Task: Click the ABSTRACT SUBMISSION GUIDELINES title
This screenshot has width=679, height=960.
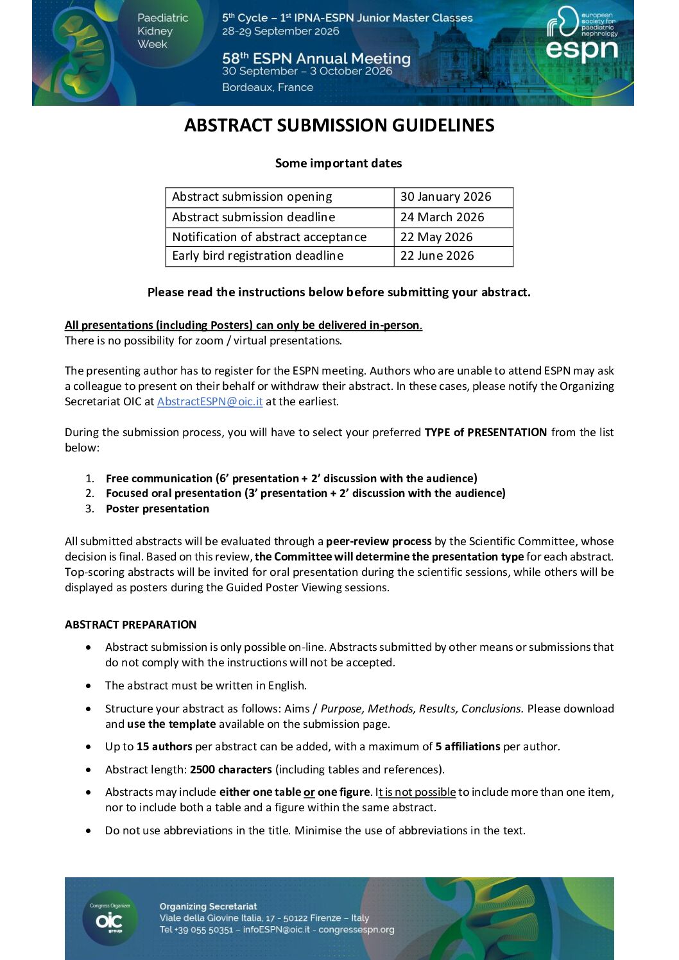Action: [339, 125]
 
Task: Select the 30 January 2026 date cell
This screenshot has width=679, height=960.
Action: [445, 197]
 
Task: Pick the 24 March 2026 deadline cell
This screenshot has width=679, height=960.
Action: [442, 217]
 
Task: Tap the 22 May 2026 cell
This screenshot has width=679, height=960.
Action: [436, 237]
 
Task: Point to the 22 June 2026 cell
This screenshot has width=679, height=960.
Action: [437, 256]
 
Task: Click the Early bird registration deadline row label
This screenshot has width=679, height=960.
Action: [257, 256]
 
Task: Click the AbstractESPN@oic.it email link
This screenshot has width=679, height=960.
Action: [210, 401]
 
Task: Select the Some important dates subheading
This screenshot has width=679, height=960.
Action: [338, 164]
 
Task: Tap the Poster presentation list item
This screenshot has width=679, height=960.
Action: [157, 509]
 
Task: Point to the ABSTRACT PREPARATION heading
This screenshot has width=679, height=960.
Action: [130, 625]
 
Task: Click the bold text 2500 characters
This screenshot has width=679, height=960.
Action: [231, 770]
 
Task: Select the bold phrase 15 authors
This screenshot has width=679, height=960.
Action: [164, 746]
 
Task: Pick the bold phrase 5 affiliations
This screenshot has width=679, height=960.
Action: [468, 746]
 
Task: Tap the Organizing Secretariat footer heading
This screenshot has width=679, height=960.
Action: [208, 906]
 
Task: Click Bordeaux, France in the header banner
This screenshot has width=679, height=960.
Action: [268, 87]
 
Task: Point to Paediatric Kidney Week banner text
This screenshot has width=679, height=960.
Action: [162, 31]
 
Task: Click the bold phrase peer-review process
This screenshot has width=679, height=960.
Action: [379, 541]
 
